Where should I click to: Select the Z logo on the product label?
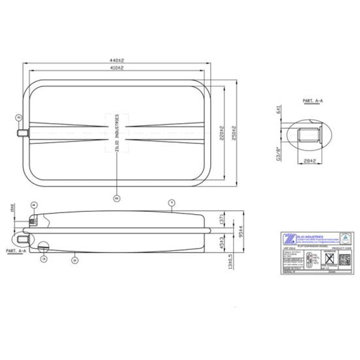tap(290, 238)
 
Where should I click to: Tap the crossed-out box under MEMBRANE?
tap(329, 259)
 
